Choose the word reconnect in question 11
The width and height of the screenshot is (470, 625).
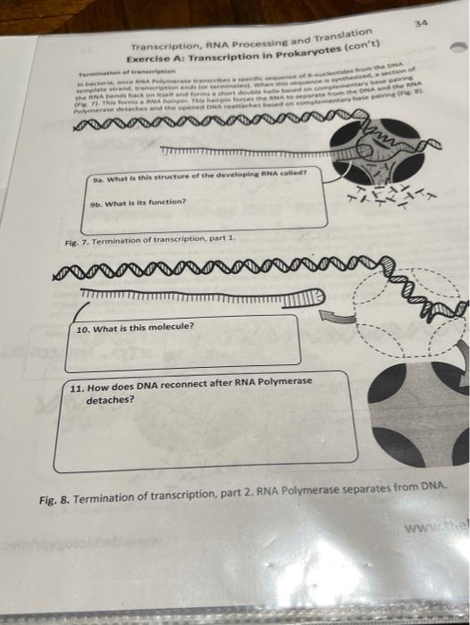pyautogui.click(x=178, y=386)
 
